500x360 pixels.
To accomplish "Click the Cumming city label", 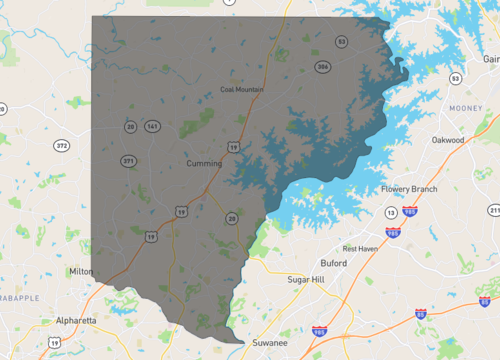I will point(204,162).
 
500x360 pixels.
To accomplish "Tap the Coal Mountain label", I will point(242,89).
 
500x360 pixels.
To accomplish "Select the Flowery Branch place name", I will point(410,189).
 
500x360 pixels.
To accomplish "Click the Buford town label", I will point(333,263).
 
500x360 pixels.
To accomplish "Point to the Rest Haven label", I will point(360,248).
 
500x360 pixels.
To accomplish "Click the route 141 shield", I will point(151,126).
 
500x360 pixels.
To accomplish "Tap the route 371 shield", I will point(128,160).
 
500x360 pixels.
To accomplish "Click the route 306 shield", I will point(322,67).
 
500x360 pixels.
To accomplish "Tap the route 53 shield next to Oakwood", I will point(455,78).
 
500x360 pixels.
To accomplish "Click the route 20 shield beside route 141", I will point(131,126).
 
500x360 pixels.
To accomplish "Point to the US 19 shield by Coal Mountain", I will point(233,146).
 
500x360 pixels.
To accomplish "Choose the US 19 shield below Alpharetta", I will point(54,342).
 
